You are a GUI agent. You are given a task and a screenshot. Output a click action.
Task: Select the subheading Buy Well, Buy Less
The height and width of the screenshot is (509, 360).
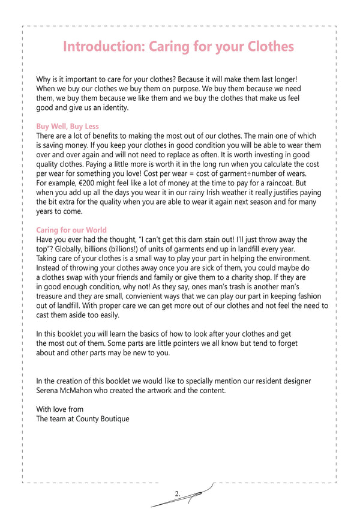67,127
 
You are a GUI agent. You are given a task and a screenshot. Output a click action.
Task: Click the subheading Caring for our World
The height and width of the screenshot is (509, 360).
71,230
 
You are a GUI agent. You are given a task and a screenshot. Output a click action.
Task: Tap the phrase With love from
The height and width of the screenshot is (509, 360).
59,409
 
